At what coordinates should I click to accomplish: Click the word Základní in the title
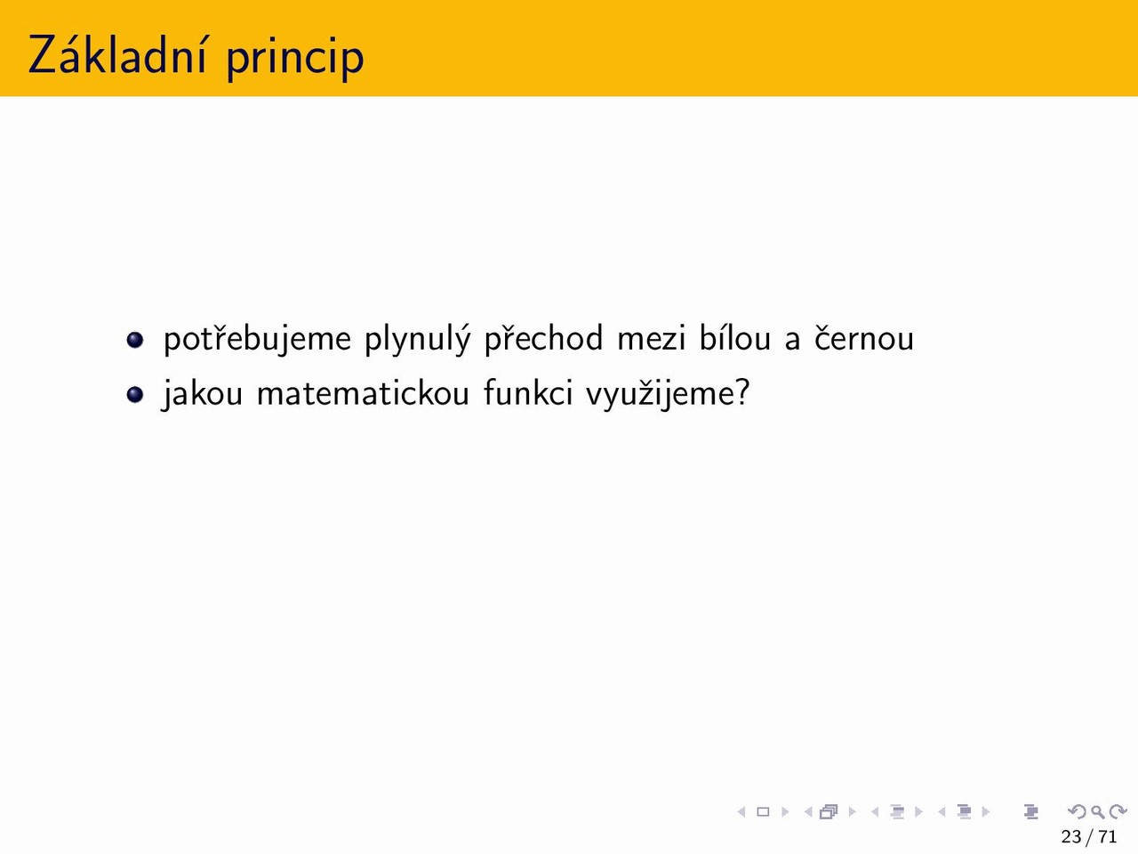tap(117, 54)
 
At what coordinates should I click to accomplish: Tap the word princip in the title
tap(295, 60)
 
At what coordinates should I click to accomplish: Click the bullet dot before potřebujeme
tap(135, 340)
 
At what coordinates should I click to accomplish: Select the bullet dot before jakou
tap(135, 395)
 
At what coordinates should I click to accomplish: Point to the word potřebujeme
tap(257, 339)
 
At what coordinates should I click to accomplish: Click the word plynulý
tap(418, 339)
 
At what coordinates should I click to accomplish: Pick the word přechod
tap(544, 339)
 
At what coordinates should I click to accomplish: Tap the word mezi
tap(652, 338)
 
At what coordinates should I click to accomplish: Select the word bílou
tap(735, 337)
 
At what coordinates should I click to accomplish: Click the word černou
tap(864, 338)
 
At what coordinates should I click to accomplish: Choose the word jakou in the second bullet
tap(202, 393)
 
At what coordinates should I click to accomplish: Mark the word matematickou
tap(363, 392)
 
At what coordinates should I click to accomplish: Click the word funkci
tap(528, 392)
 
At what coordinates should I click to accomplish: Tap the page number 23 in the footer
tap(1071, 836)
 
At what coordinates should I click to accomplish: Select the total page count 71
tap(1107, 836)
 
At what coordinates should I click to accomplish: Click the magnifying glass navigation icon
tap(1098, 811)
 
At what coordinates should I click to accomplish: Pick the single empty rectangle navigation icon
tap(763, 811)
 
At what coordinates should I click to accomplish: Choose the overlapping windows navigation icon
tap(829, 811)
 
